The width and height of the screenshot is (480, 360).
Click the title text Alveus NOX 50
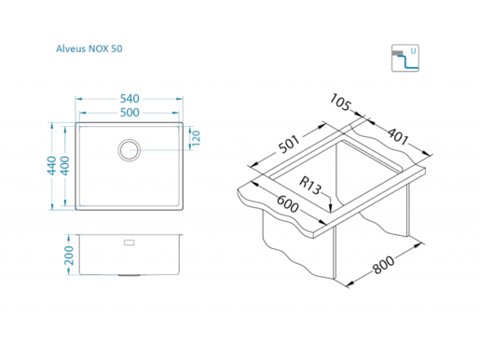click(89, 48)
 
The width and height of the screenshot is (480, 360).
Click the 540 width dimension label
click(130, 99)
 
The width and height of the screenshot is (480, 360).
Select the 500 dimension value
click(130, 113)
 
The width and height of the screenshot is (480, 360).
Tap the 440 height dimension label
click(51, 166)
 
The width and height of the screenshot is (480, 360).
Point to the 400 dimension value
click(64, 166)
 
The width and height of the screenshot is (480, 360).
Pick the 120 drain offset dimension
click(196, 138)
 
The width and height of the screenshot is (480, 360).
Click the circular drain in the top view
click(129, 150)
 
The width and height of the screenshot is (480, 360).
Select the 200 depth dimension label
click(69, 256)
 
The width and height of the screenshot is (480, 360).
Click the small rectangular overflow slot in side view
click(130, 242)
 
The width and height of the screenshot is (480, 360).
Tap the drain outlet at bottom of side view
click(129, 275)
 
